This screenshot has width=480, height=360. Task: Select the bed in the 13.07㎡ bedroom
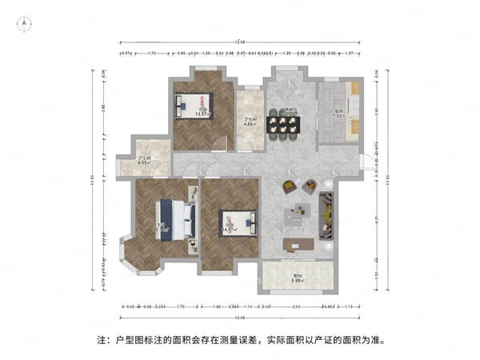coord(192,102)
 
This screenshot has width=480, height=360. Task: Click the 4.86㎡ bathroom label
coord(250,122)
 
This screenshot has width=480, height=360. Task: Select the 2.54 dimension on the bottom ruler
coord(296,306)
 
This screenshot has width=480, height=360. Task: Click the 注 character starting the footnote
coord(102,339)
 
